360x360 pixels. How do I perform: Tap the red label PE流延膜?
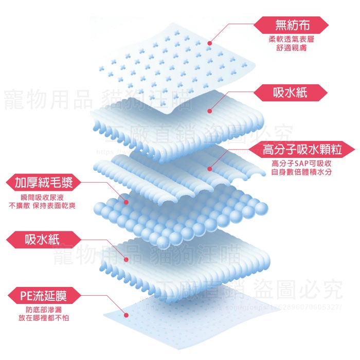click(43, 296)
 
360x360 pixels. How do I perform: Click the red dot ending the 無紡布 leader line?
click(210, 44)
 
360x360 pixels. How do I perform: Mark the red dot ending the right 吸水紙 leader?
click(210, 110)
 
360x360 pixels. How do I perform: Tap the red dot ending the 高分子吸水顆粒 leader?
click(210, 168)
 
